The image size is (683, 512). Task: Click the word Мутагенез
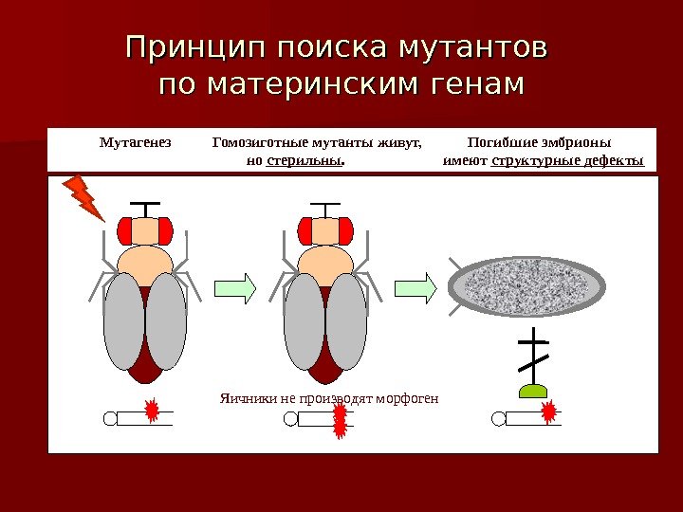[136, 142]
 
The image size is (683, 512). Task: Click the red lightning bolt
[83, 196]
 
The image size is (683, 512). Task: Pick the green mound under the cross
[534, 389]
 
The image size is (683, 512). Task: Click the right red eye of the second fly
[345, 229]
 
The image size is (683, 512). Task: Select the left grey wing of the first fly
[123, 321]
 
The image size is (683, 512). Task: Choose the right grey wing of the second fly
[346, 321]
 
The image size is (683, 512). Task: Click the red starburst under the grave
[548, 411]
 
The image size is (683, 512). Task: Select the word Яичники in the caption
[242, 398]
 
